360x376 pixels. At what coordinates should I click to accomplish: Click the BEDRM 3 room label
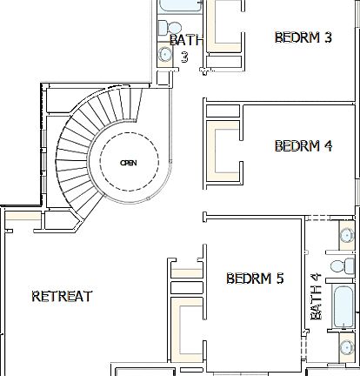[303, 37]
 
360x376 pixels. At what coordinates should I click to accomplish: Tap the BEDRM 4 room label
[303, 145]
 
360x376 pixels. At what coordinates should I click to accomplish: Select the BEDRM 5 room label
[255, 279]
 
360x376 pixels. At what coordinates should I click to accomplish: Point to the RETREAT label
[62, 296]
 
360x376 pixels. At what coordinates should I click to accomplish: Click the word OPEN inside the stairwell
[128, 163]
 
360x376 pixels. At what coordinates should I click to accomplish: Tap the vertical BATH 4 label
[317, 297]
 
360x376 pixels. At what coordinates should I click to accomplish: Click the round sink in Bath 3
[165, 54]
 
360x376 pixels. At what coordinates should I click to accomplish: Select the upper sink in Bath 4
[346, 233]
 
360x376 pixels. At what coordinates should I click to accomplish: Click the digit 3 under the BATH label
[184, 57]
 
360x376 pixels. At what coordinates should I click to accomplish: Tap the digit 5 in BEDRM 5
[280, 279]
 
